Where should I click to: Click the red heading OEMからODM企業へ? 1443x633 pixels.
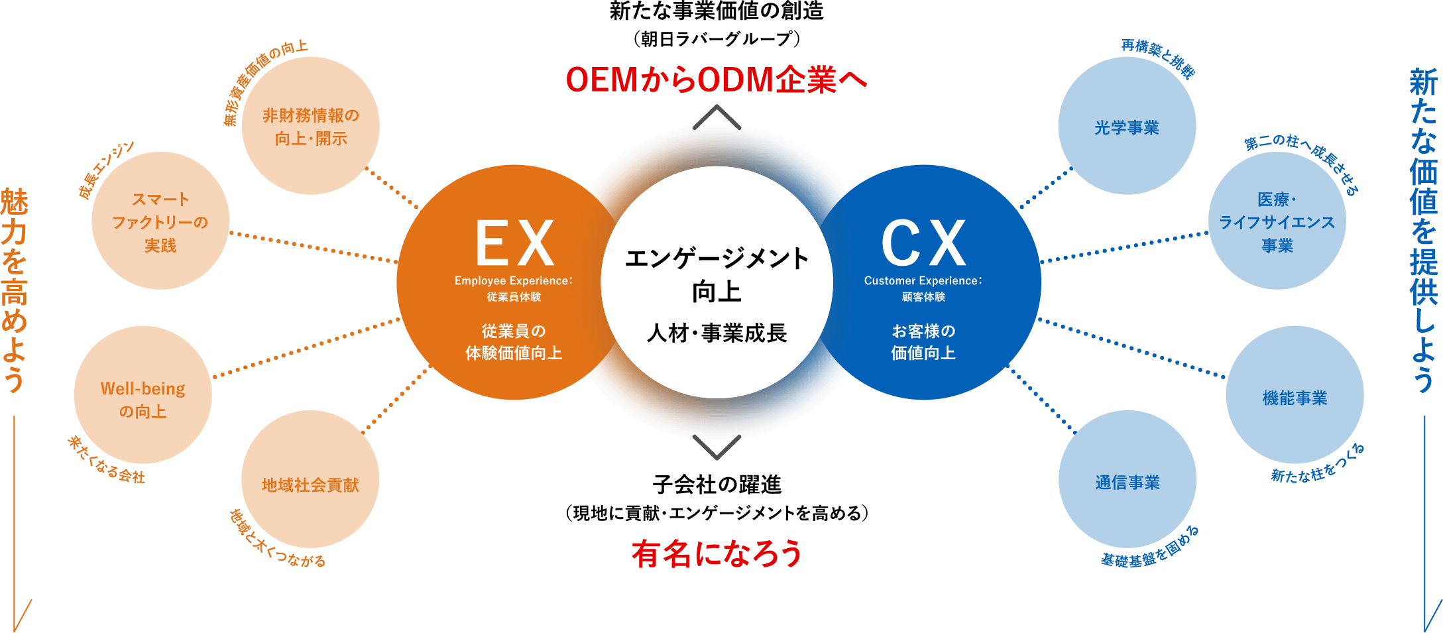717,80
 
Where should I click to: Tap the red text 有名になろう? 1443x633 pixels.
717,553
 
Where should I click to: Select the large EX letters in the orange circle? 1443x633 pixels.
514,243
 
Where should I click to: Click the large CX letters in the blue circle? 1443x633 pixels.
923,243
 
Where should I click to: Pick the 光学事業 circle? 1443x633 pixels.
1127,126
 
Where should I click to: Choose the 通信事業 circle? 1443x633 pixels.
1127,480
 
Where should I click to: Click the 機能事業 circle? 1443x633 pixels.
1295,395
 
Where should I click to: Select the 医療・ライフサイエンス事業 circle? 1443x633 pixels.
1277,221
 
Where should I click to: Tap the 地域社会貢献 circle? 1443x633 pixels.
310,480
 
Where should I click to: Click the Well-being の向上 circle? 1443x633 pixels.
143,395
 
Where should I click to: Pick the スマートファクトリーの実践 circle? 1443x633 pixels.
160,221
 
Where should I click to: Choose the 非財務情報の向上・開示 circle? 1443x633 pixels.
310,126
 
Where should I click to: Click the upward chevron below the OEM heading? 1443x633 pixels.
717,117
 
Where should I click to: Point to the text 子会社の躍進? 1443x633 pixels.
717,485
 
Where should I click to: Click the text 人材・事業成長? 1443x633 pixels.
717,333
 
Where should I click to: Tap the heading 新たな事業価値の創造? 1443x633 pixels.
717,11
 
